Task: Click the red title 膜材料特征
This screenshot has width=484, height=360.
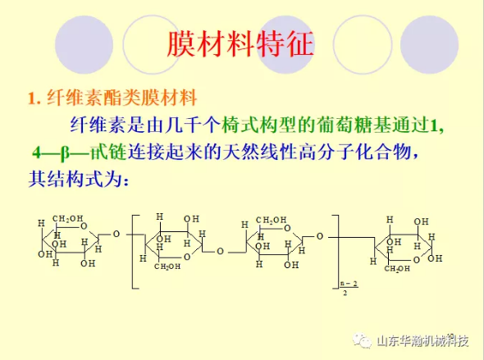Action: [x=240, y=44]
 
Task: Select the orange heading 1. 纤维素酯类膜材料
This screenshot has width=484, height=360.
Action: [x=112, y=98]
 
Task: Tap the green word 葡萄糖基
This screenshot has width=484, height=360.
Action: [x=354, y=125]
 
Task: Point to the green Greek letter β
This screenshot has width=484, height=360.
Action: [x=65, y=153]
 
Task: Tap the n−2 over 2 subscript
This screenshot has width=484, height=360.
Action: [x=349, y=288]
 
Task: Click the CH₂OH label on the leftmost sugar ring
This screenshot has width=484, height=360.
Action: [x=67, y=219]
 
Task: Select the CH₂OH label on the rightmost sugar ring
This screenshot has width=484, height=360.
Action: [x=397, y=268]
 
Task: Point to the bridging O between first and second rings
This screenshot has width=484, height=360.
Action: [x=116, y=235]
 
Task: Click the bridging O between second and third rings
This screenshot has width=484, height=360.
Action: [x=220, y=252]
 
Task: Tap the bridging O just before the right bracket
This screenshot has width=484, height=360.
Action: [x=320, y=237]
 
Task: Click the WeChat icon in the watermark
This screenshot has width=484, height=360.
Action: [x=363, y=340]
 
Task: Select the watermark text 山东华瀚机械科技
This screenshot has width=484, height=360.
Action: [x=422, y=341]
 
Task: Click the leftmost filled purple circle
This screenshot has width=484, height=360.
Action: [x=84, y=45]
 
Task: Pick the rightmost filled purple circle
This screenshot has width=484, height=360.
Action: [x=429, y=45]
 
